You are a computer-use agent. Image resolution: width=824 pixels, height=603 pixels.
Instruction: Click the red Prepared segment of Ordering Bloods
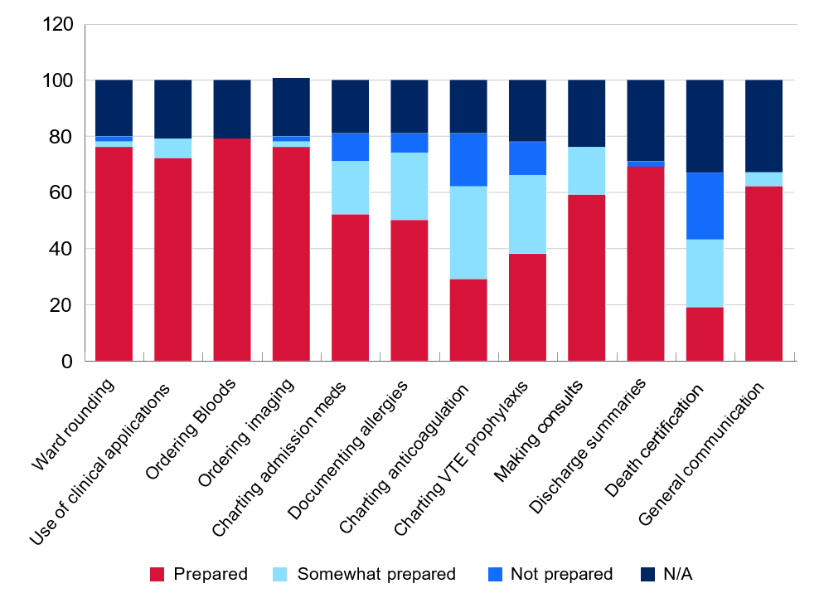click(232, 250)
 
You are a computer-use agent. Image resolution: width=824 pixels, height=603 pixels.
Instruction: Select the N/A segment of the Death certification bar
click(705, 126)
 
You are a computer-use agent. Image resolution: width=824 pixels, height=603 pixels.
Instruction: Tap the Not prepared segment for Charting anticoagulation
click(468, 160)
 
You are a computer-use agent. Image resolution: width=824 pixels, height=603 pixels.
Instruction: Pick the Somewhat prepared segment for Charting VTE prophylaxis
click(527, 215)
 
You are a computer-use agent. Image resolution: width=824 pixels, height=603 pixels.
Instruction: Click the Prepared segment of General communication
click(763, 274)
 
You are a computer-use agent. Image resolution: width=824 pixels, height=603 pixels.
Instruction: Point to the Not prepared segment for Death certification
click(705, 206)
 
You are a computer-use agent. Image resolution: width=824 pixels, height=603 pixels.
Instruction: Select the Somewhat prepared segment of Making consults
click(586, 171)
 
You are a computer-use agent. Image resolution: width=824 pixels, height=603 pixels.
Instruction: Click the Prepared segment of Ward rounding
click(114, 254)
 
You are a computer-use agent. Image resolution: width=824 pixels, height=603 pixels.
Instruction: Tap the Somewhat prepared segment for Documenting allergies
click(409, 187)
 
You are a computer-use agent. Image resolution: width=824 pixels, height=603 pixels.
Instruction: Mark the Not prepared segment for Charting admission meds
click(350, 147)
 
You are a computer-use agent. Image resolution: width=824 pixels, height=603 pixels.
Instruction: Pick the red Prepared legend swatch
click(157, 574)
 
